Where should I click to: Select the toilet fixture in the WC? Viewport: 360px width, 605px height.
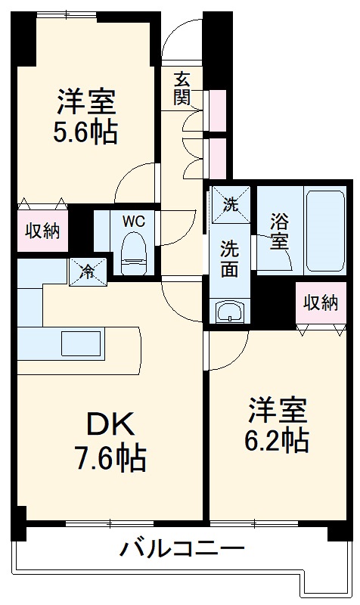tap(134, 251)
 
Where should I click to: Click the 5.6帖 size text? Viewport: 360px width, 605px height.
tap(84, 133)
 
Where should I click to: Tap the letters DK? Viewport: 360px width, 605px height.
tap(112, 426)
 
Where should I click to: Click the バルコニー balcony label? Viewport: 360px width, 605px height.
tap(182, 548)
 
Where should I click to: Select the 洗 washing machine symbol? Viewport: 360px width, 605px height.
tap(228, 203)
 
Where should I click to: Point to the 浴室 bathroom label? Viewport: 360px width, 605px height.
tap(279, 231)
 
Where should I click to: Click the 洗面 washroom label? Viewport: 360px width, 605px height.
tap(230, 258)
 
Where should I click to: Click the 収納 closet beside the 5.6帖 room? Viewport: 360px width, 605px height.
tap(42, 231)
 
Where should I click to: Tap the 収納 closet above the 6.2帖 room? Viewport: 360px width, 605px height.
tap(321, 302)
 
